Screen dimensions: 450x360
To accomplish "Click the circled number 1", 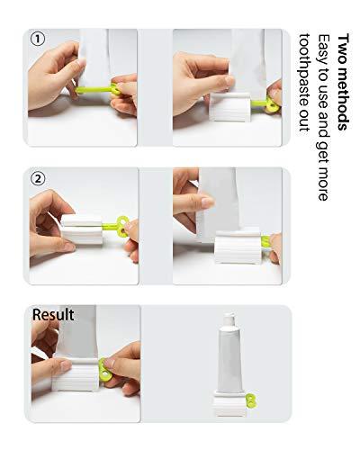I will [x=37, y=39].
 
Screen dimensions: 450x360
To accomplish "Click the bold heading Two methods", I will [x=343, y=82].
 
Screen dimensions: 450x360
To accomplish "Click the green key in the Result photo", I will [x=105, y=369].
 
